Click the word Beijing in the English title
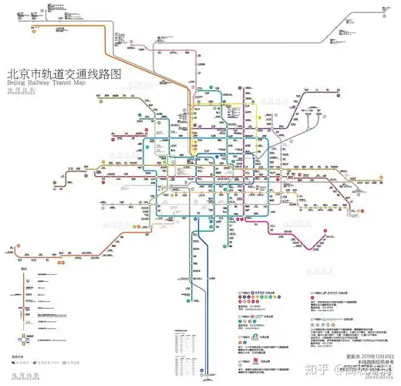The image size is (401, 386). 15,81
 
